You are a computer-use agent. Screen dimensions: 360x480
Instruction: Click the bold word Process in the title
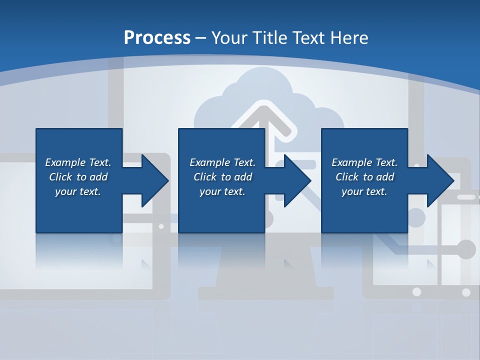click(x=157, y=37)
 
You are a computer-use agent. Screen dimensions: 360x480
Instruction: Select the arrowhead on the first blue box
click(x=153, y=180)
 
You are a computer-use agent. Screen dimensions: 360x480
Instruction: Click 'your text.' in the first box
click(x=78, y=191)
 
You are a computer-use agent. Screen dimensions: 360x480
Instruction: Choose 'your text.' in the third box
click(x=364, y=191)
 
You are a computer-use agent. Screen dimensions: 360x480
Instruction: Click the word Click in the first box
click(x=60, y=177)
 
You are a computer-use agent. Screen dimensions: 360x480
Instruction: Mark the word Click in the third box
click(x=347, y=177)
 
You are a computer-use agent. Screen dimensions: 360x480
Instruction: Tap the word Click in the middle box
click(x=204, y=177)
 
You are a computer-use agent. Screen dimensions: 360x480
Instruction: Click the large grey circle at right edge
click(x=466, y=249)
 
